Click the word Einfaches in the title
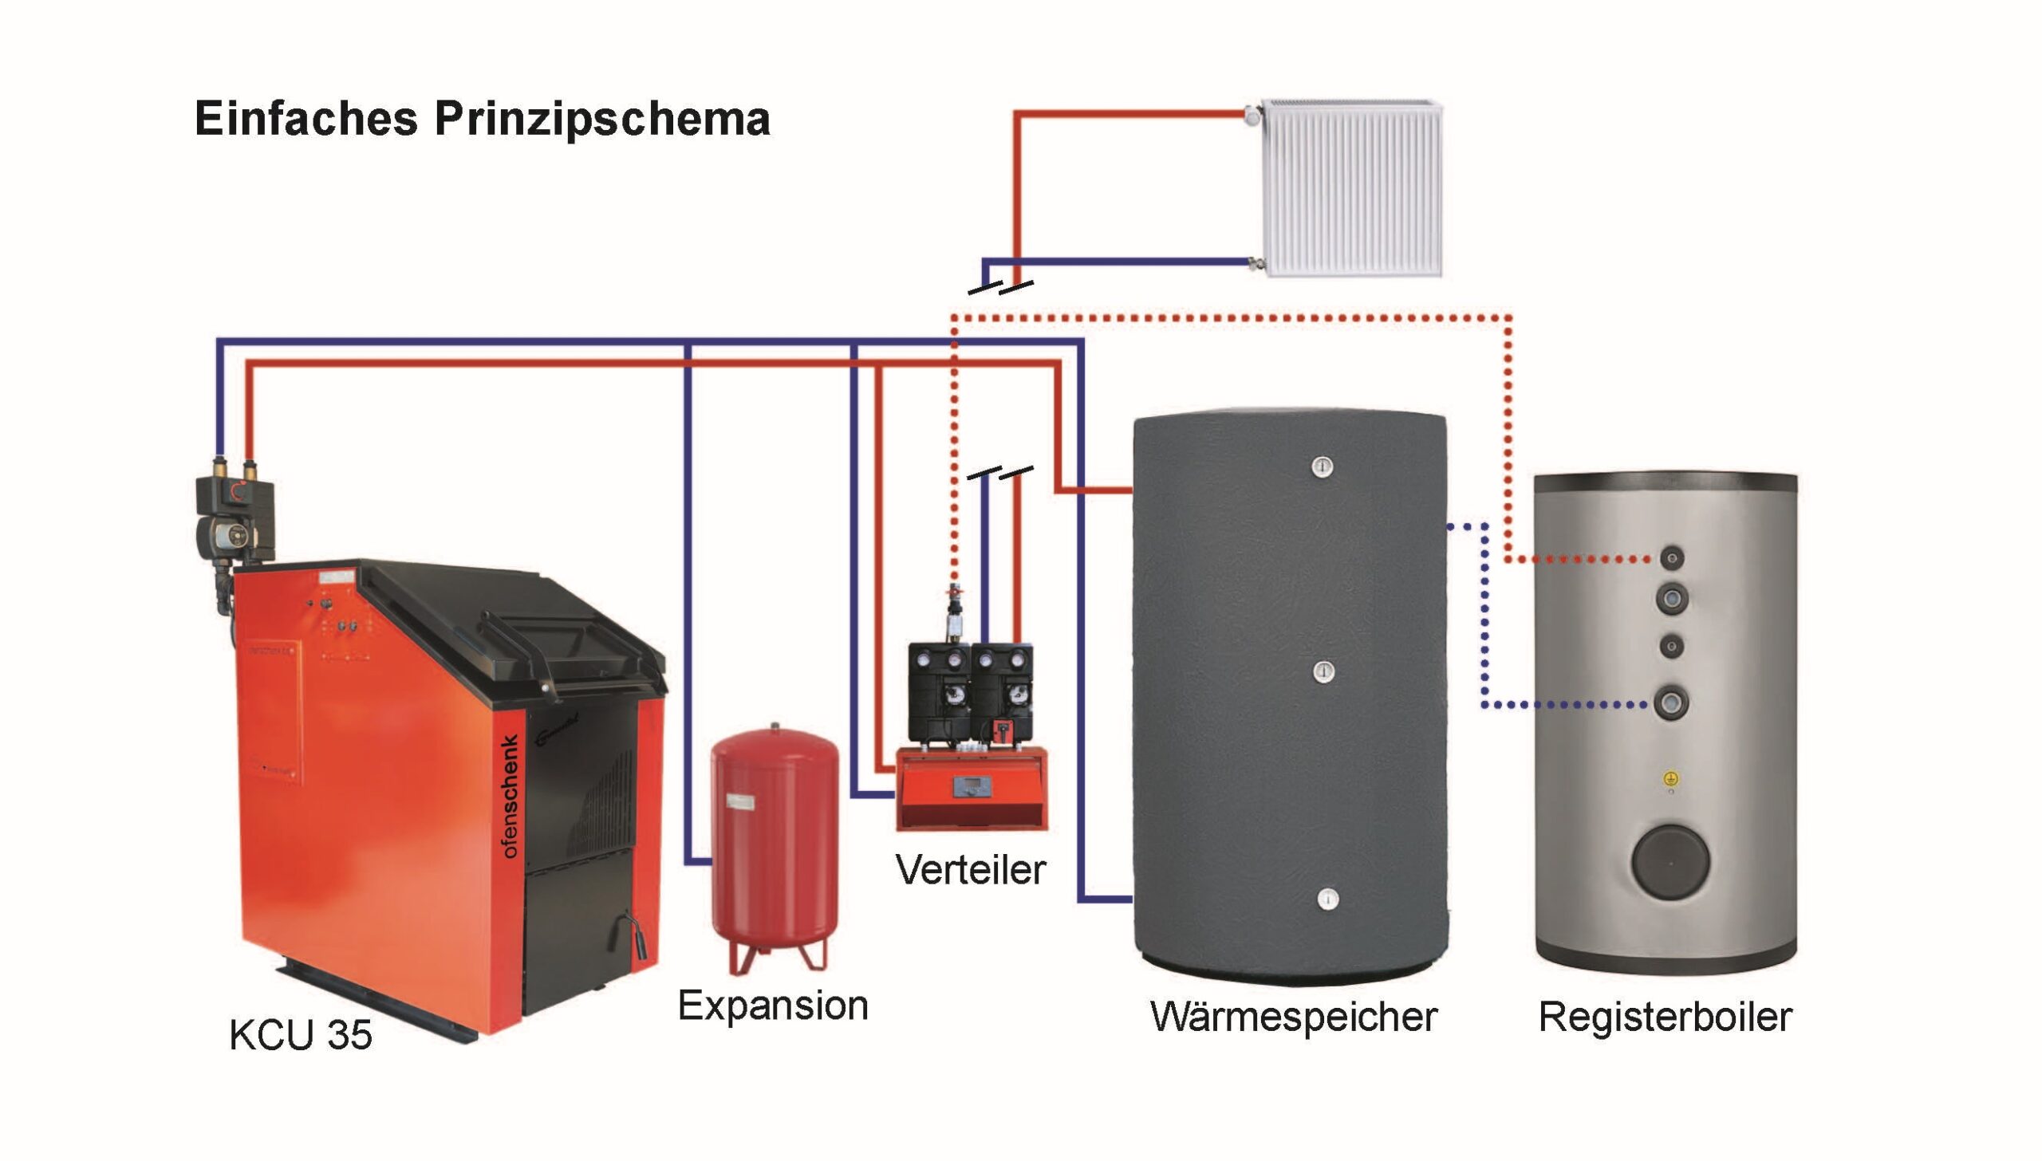306,120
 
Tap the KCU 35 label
301,1035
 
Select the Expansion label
773,1006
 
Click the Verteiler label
970,870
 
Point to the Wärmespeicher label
1294,1017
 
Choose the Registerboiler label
1666,1017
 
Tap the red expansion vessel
774,845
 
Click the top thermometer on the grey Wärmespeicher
1323,466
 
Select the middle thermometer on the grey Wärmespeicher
1324,671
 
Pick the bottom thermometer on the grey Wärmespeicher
1327,899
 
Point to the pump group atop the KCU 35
236,514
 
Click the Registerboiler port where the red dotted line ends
1672,558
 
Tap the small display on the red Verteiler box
972,788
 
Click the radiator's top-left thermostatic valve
1252,116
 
